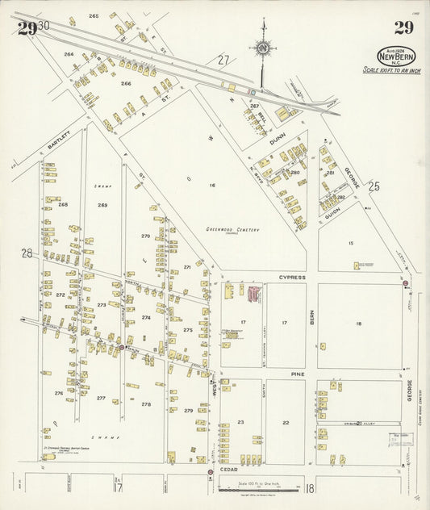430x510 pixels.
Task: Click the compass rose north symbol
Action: pos(262,49)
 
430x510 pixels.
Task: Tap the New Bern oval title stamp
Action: pos(395,56)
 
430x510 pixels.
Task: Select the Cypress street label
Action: pos(292,277)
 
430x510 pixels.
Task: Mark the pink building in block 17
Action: pos(254,295)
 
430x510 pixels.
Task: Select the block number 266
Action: pos(126,83)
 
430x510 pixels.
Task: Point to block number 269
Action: pos(102,205)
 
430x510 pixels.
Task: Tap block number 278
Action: pos(146,403)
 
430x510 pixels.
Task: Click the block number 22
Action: pos(286,422)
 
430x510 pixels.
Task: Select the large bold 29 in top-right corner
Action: pos(403,29)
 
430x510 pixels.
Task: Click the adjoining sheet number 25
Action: pos(374,186)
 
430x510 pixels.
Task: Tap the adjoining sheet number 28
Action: pos(27,253)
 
